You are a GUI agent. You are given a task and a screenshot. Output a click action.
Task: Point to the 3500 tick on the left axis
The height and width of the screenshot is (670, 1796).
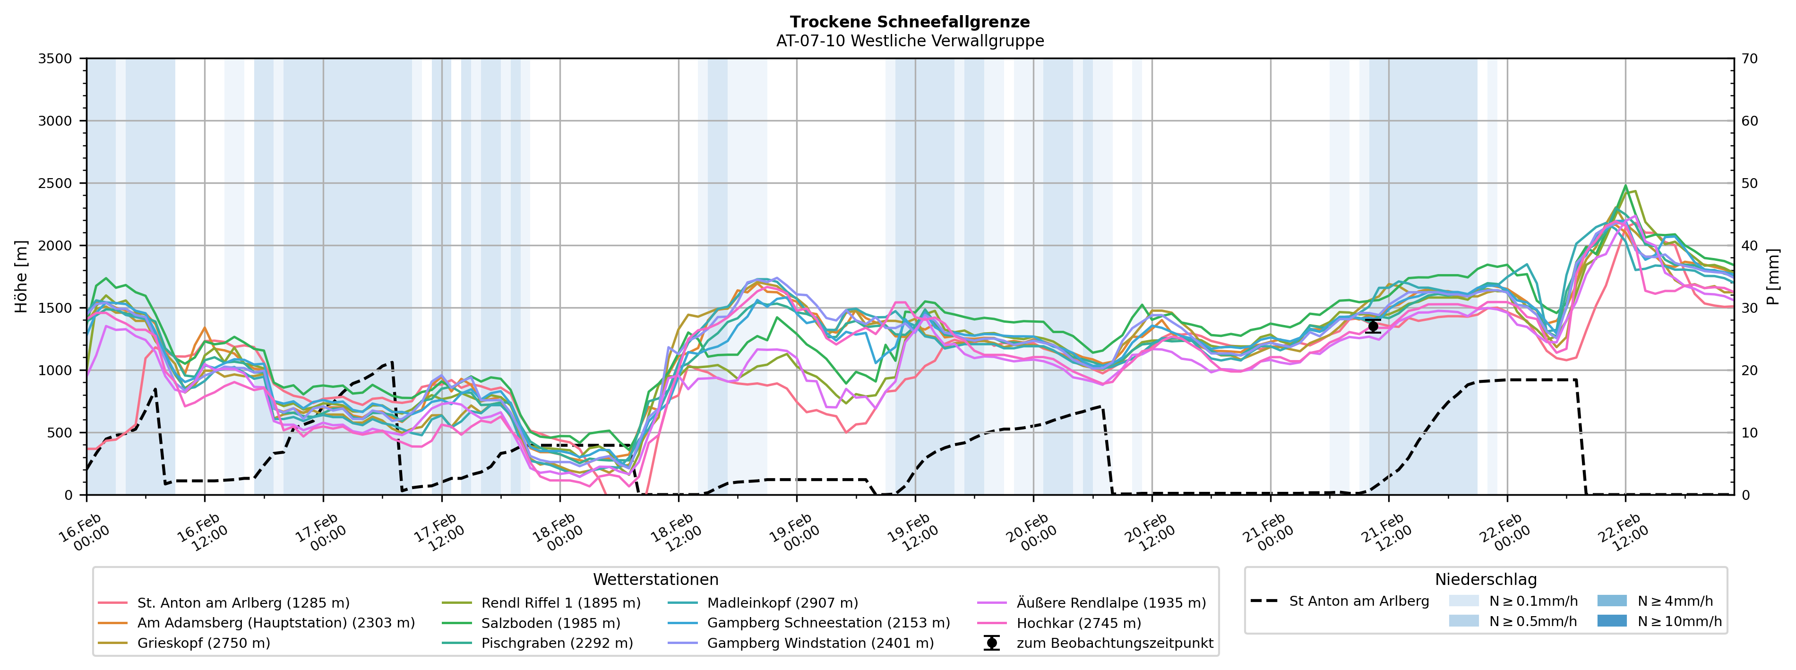pos(55,59)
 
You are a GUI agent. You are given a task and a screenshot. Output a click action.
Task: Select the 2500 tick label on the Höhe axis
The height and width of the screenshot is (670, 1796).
pos(55,183)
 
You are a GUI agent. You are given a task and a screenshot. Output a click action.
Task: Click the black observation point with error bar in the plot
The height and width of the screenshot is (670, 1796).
pos(1373,326)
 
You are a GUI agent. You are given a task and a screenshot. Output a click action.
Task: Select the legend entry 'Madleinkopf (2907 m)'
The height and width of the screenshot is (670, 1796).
pos(782,602)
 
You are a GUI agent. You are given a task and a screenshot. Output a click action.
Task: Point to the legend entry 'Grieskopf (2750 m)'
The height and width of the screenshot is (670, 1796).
pos(204,643)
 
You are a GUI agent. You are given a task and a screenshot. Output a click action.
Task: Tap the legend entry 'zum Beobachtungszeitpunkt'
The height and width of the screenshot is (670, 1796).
pos(1114,643)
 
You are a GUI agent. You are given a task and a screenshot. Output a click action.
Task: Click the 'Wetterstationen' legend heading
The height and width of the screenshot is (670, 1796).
pos(655,579)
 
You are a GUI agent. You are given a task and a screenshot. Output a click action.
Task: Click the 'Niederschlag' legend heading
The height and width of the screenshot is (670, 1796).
pos(1486,579)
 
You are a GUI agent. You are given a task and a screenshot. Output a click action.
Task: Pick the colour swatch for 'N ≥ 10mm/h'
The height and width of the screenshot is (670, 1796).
pos(1612,620)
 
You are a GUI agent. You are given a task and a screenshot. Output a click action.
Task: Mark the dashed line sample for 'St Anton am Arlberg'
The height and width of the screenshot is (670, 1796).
pos(1264,601)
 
